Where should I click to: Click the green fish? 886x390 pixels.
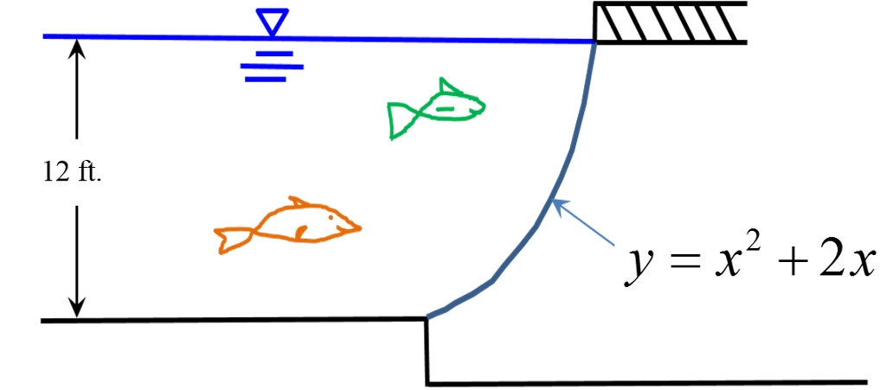435,109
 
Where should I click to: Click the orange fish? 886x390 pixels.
288,225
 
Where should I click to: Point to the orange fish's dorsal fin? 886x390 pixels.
299,202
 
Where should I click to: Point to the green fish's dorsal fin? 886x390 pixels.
449,86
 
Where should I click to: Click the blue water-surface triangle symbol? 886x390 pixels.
273,22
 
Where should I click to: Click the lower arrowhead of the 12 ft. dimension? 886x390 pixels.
77,308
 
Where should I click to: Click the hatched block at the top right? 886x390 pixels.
671,22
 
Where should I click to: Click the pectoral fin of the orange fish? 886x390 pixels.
301,232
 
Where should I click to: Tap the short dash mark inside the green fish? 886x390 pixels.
446,108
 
